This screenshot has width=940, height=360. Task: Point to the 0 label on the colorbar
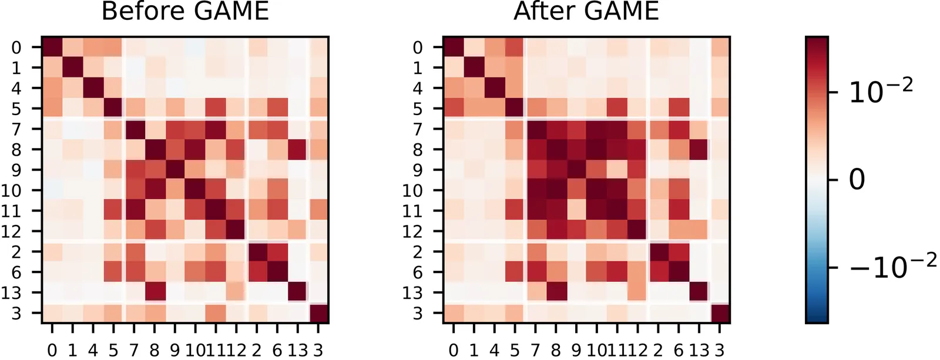[857, 179]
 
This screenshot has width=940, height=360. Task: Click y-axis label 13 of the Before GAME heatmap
[11, 292]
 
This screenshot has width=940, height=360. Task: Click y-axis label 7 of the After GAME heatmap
[418, 129]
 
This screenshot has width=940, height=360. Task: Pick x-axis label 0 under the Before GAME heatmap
[52, 351]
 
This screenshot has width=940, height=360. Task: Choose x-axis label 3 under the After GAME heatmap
[719, 351]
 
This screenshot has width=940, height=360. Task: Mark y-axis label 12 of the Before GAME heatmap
[11, 231]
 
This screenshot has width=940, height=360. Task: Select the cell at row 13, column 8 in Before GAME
[155, 292]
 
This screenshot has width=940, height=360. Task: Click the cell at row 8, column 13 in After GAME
[699, 149]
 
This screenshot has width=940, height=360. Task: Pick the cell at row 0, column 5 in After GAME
[515, 47]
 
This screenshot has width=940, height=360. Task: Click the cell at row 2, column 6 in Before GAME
[277, 251]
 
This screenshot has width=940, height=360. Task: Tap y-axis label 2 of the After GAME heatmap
[418, 252]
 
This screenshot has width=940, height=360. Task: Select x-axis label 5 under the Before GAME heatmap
[113, 351]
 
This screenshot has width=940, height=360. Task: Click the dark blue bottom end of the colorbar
[817, 317]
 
